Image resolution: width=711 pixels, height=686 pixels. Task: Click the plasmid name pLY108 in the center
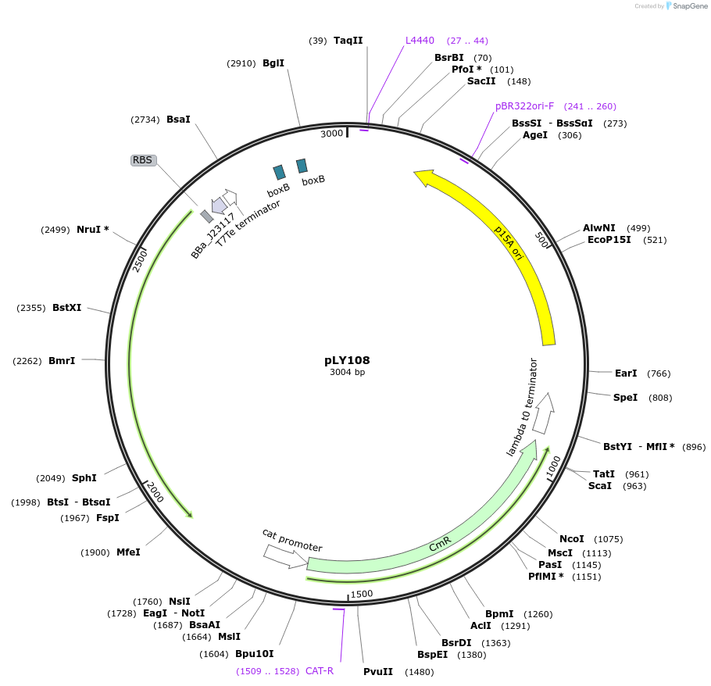click(347, 360)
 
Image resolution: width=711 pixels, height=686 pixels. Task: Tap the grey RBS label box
click(143, 160)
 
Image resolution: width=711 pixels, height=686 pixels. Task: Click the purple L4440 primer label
click(420, 41)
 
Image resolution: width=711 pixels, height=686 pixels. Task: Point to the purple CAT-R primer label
click(320, 670)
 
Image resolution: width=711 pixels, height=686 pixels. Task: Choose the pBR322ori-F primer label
click(524, 106)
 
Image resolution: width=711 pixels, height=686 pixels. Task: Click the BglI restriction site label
click(273, 63)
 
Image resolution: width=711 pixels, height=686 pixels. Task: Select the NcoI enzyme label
click(572, 539)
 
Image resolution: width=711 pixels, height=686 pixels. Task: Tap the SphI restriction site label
click(84, 478)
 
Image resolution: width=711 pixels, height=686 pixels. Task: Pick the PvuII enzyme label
click(378, 672)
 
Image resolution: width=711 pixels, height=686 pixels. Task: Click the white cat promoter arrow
click(285, 556)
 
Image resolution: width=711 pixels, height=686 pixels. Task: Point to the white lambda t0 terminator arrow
click(545, 413)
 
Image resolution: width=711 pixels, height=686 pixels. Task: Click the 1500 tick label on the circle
click(362, 594)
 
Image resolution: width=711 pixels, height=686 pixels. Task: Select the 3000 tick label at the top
click(332, 134)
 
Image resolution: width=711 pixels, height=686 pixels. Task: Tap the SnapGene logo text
click(691, 6)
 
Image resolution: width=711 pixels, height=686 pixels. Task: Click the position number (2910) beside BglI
click(241, 63)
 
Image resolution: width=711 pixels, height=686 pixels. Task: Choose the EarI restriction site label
click(626, 373)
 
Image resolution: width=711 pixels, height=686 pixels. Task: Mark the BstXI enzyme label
click(67, 308)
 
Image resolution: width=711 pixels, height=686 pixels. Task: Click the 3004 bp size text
click(347, 373)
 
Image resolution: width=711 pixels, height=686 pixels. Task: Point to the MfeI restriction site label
click(128, 552)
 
